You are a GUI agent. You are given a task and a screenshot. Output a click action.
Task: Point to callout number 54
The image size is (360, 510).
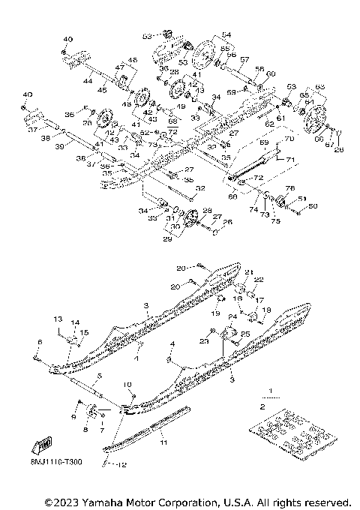pyautogui.click(x=226, y=35)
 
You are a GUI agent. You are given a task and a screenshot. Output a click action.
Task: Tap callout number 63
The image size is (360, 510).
pyautogui.click(x=320, y=88)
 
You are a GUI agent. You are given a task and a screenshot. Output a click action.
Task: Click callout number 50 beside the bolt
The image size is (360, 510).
pyautogui.click(x=314, y=205)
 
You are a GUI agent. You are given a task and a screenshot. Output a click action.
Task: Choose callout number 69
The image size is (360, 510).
pyautogui.click(x=262, y=141)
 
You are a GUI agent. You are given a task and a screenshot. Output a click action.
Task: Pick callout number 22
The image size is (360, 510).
pyautogui.click(x=260, y=280)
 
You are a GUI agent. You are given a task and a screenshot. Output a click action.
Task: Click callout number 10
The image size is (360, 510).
pyautogui.click(x=127, y=385)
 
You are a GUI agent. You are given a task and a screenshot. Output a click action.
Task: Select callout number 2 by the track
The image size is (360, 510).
pyautogui.click(x=262, y=405)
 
